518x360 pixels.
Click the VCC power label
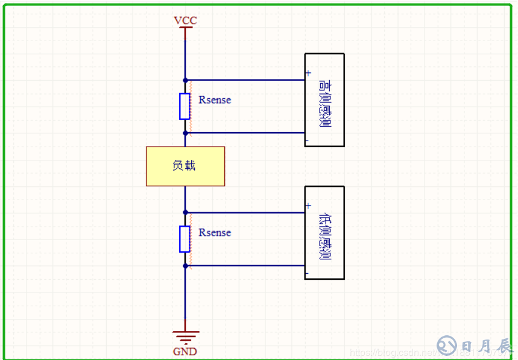click(185, 21)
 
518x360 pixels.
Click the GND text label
click(185, 352)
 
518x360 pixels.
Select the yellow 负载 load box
click(185, 166)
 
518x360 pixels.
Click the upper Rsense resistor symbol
click(185, 106)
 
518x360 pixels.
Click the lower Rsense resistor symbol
click(185, 239)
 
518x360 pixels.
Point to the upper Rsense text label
click(215, 100)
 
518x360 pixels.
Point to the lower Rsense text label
click(215, 233)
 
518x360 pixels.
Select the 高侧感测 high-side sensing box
click(324, 100)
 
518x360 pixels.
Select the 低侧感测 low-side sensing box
click(324, 233)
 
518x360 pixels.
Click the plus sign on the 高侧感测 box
click(308, 73)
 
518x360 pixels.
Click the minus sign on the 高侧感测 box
click(308, 141)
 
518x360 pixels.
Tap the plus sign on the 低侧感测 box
click(308, 206)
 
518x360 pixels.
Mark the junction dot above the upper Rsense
click(185, 80)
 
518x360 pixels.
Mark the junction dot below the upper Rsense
click(185, 133)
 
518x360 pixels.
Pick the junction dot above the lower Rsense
click(185, 212)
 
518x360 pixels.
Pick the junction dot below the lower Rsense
click(185, 265)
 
